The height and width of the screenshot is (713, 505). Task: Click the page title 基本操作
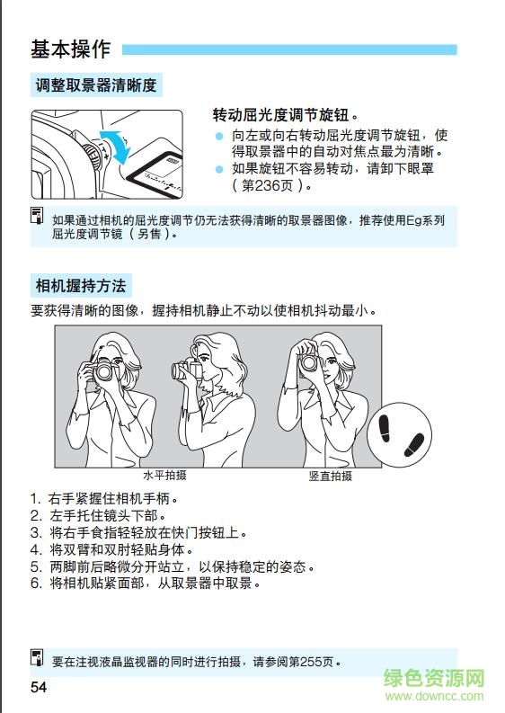[70, 49]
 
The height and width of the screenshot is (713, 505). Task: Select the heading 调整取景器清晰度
[96, 86]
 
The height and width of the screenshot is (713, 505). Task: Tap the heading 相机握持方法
[81, 287]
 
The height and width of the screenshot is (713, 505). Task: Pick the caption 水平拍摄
[164, 476]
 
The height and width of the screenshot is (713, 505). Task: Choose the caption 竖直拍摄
[331, 476]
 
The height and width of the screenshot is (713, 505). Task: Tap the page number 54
[38, 688]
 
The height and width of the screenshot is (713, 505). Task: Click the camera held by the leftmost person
[104, 370]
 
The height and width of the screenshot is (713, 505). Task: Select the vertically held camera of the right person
[309, 361]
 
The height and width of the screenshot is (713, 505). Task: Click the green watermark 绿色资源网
[435, 680]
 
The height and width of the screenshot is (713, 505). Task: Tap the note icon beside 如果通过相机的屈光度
[38, 216]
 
